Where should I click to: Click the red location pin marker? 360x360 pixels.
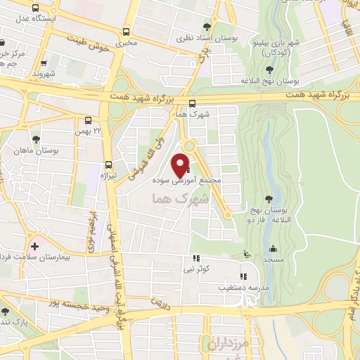180,165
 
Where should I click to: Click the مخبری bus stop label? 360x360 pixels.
127,42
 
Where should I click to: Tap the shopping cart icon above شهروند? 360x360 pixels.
44,62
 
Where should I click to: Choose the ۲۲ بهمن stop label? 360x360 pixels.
88,131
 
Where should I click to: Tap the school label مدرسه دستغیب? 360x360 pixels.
243,288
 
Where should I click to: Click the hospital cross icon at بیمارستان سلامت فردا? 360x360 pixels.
35,246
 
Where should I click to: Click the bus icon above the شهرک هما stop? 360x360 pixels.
192,103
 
